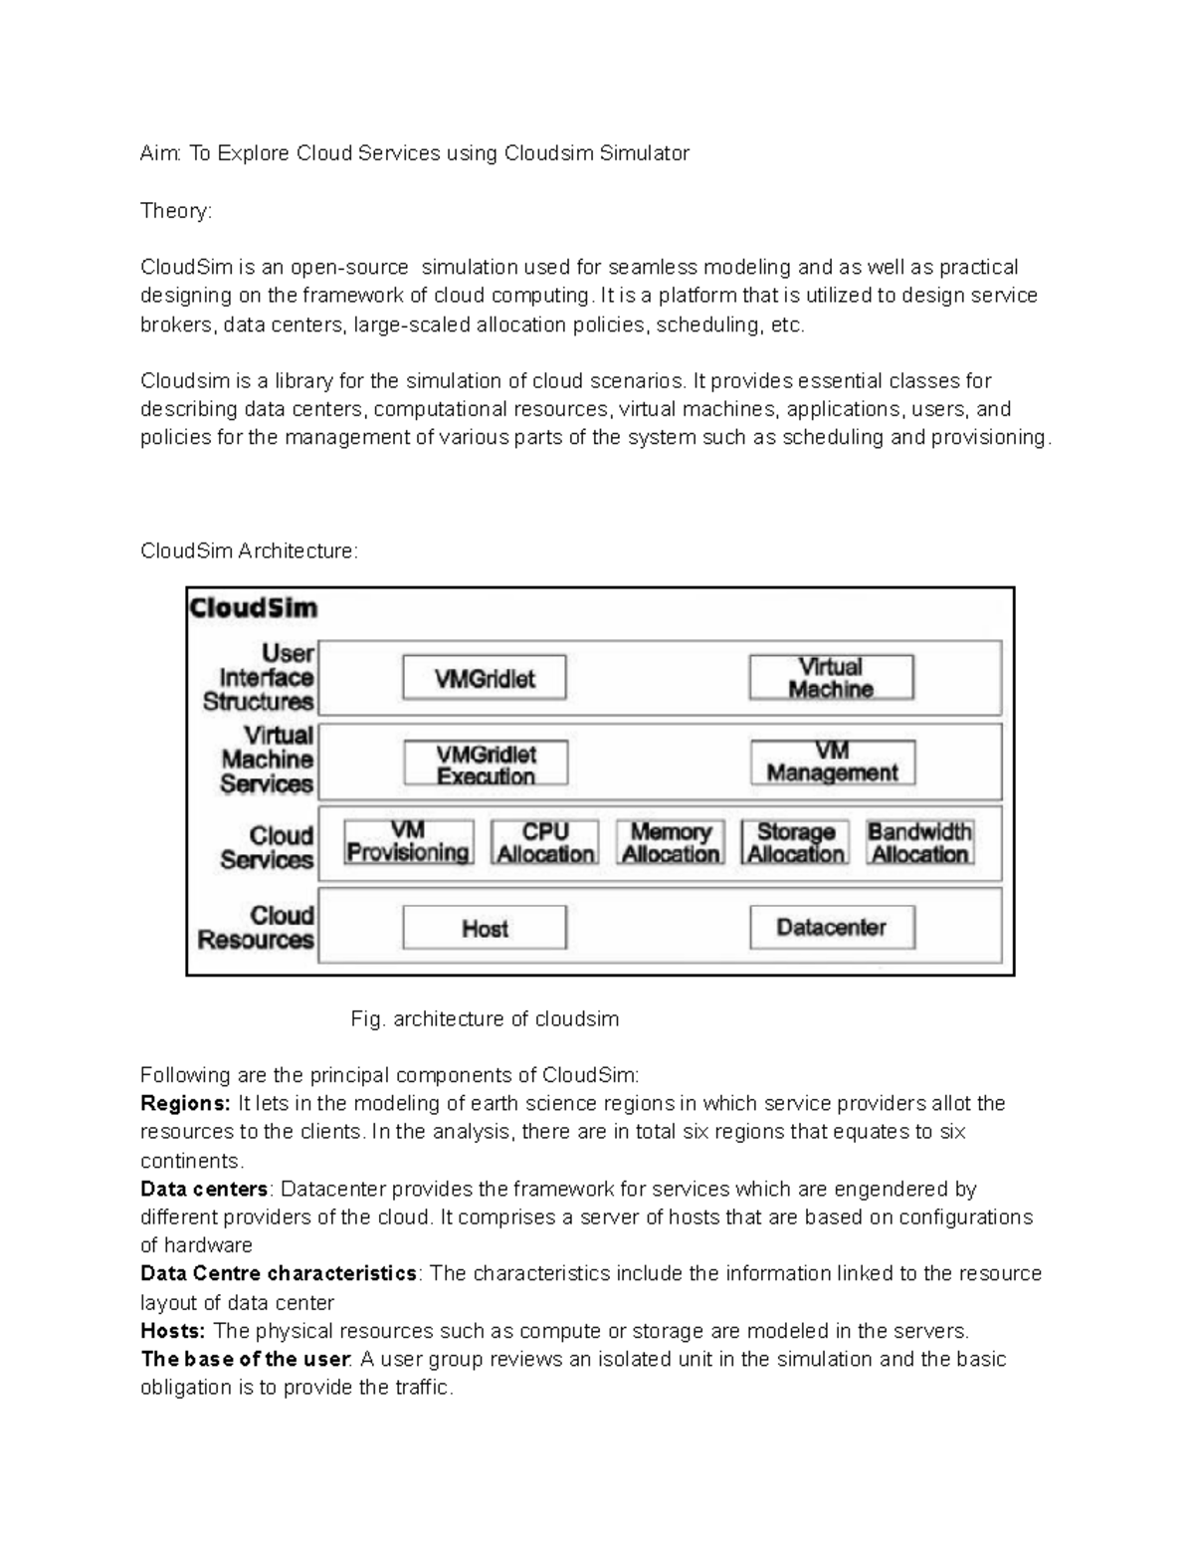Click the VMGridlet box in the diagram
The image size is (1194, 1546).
click(485, 678)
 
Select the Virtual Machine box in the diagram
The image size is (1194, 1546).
click(831, 678)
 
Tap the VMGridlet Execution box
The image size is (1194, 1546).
click(486, 765)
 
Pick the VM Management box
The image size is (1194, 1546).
click(832, 763)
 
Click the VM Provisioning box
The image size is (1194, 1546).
click(408, 842)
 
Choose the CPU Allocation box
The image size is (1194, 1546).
click(545, 842)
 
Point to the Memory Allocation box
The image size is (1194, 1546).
click(671, 842)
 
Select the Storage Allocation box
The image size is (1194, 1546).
click(796, 842)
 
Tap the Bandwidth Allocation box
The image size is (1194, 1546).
click(919, 842)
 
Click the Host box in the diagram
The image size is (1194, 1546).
click(485, 929)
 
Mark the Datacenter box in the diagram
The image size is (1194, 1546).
click(832, 928)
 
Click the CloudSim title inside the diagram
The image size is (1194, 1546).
click(253, 608)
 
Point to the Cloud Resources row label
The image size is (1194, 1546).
click(257, 928)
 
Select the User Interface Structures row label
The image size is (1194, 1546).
click(259, 678)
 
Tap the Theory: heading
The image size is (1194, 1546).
click(176, 211)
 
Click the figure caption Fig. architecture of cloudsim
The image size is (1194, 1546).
click(485, 1019)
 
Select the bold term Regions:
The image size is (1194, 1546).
click(185, 1104)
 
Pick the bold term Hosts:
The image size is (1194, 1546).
click(173, 1332)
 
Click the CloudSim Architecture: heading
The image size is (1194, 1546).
click(249, 552)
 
